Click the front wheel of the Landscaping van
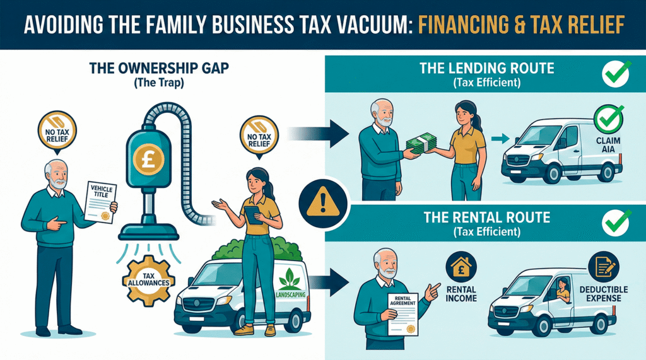coord(194,319)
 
